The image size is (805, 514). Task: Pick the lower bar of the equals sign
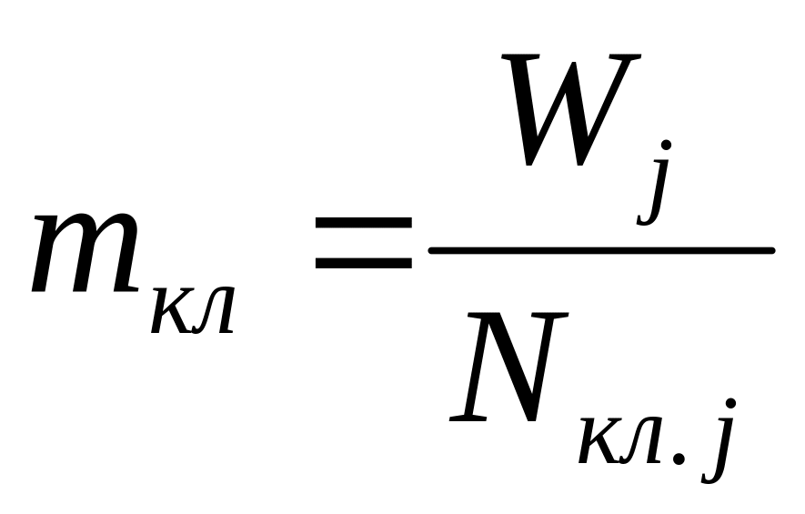(363, 265)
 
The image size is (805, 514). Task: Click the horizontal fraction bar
(600, 248)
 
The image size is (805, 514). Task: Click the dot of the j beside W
(667, 146)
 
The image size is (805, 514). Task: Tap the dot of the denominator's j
(730, 406)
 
